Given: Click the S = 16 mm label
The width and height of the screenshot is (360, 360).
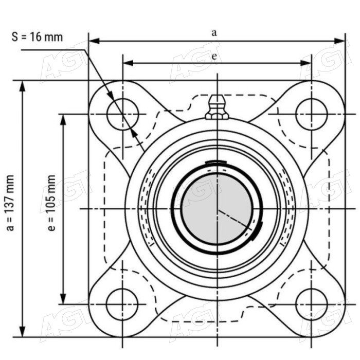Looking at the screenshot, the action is (37, 37).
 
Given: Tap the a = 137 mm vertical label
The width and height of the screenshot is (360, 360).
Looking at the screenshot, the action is (11, 203).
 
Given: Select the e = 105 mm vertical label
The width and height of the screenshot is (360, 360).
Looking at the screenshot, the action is (51, 203).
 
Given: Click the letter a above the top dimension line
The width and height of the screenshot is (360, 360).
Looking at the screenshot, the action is (214, 33).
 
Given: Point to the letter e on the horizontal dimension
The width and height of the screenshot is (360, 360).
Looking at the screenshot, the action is (214, 56).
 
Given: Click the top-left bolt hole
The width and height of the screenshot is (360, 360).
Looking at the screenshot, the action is (122, 114).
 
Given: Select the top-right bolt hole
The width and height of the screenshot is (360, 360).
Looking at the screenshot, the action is (312, 114).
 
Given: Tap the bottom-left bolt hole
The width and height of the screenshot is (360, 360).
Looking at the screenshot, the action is (122, 304).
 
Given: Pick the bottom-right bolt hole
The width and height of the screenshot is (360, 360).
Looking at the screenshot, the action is (312, 304).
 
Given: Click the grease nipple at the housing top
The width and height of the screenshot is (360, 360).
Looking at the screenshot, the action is (217, 107).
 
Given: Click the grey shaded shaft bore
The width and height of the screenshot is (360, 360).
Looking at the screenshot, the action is (217, 209).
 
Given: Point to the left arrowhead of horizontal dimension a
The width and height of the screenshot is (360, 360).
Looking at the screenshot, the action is (94, 41).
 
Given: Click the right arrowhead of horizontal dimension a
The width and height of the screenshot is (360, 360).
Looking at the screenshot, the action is (339, 41).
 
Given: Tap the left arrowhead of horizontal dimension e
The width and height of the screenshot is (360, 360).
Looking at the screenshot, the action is (128, 63).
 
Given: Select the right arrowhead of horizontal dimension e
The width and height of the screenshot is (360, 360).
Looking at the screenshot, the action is (306, 63).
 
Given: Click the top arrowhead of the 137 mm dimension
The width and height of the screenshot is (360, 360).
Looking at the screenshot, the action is (22, 86).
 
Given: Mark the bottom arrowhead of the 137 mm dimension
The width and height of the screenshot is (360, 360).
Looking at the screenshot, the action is (22, 331).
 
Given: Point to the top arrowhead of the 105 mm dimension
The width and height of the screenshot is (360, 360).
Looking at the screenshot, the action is (63, 120).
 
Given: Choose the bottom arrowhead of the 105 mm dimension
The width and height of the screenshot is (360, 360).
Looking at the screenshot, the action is (63, 299).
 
